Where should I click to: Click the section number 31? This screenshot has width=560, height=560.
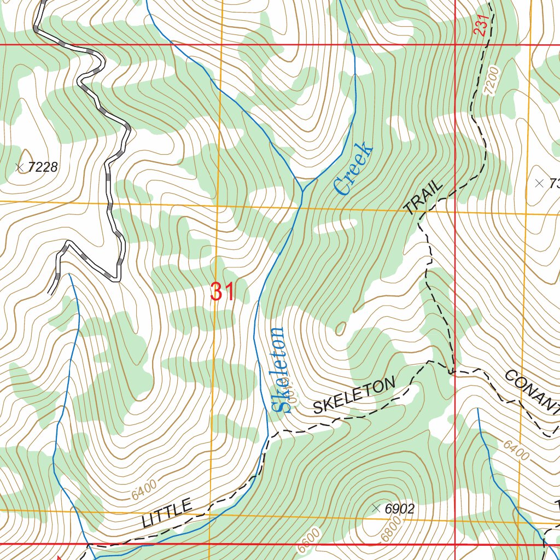pos(222,291)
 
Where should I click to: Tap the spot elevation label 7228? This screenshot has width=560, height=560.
pos(43,167)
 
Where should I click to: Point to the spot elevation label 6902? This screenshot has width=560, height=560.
pos(399,509)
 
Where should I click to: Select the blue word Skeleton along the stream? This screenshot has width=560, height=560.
pos(278,370)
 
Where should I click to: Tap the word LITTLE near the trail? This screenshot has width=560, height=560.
pos(167,513)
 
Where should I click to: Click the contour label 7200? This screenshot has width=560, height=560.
pos(492,81)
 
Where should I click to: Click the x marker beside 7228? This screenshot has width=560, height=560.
pos(21,167)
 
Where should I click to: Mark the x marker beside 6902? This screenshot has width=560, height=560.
pos(376,508)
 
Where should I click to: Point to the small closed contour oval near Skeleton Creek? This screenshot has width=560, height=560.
pos(340,328)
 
